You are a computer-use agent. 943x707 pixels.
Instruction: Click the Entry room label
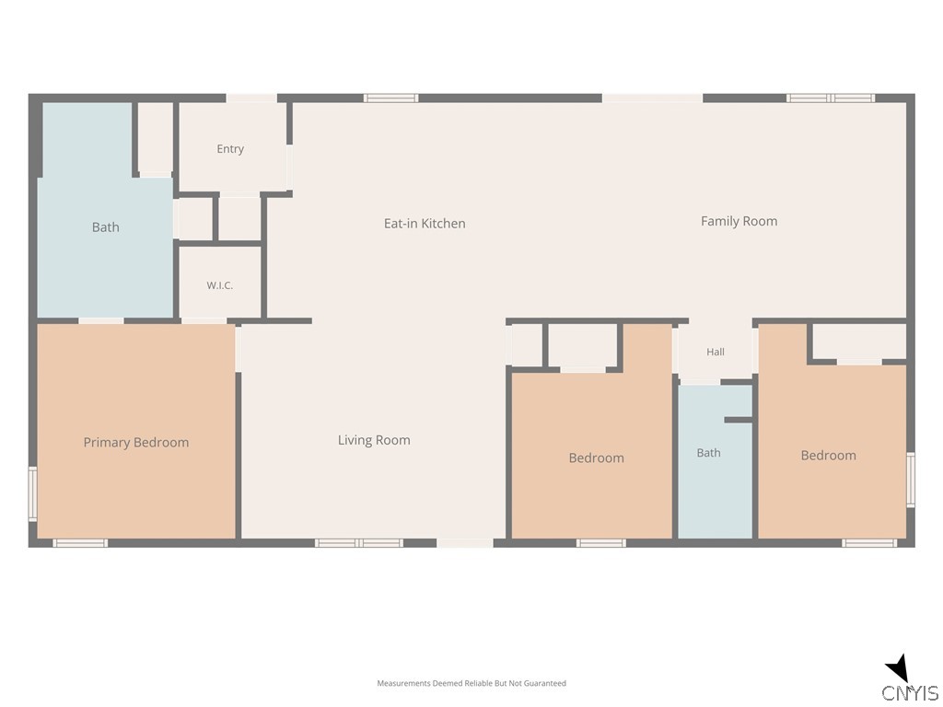point(230,149)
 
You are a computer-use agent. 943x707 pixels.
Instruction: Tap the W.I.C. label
point(219,285)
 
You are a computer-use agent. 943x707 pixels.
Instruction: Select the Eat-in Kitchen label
point(425,224)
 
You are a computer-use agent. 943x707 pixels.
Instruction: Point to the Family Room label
point(739,221)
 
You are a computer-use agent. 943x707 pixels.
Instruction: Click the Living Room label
point(374,440)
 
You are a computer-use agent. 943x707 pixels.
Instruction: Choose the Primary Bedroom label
point(136,443)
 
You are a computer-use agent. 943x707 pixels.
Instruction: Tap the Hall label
point(716,352)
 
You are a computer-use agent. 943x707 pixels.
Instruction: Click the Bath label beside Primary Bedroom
point(105,227)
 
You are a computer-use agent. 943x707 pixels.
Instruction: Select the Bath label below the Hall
point(708,453)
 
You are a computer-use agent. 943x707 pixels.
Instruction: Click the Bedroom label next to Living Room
point(597,458)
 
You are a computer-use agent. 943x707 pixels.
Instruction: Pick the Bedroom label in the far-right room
point(828,456)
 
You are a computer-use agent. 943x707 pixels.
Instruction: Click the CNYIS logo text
point(911,692)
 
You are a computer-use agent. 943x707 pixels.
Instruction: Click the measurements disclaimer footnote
point(471,683)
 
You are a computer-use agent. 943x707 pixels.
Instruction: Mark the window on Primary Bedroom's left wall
point(32,494)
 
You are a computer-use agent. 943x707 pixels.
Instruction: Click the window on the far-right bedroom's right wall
point(911,480)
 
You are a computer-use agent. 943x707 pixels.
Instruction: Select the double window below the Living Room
point(359,543)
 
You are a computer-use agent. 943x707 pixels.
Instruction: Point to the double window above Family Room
point(831,98)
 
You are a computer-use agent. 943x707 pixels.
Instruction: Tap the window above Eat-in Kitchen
point(390,98)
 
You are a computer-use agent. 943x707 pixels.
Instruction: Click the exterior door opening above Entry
point(251,98)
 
